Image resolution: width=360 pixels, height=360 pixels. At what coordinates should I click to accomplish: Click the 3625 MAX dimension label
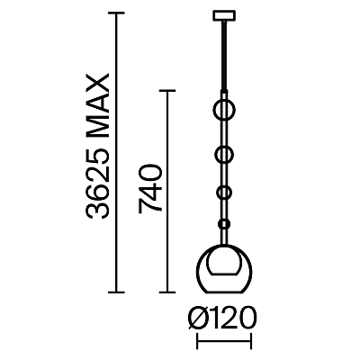tap(96, 146)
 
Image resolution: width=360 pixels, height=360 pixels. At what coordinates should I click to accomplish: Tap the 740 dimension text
tap(150, 189)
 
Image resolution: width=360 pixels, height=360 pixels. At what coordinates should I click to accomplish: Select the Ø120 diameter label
tap(222, 318)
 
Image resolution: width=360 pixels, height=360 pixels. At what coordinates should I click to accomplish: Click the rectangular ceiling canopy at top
tap(224, 16)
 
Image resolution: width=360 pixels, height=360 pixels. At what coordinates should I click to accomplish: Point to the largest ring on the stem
tap(212, 110)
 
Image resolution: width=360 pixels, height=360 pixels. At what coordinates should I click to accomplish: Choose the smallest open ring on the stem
tap(217, 193)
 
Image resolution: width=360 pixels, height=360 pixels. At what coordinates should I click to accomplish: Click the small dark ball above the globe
tap(224, 224)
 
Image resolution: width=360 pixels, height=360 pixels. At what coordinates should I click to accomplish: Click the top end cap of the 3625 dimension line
tap(116, 13)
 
